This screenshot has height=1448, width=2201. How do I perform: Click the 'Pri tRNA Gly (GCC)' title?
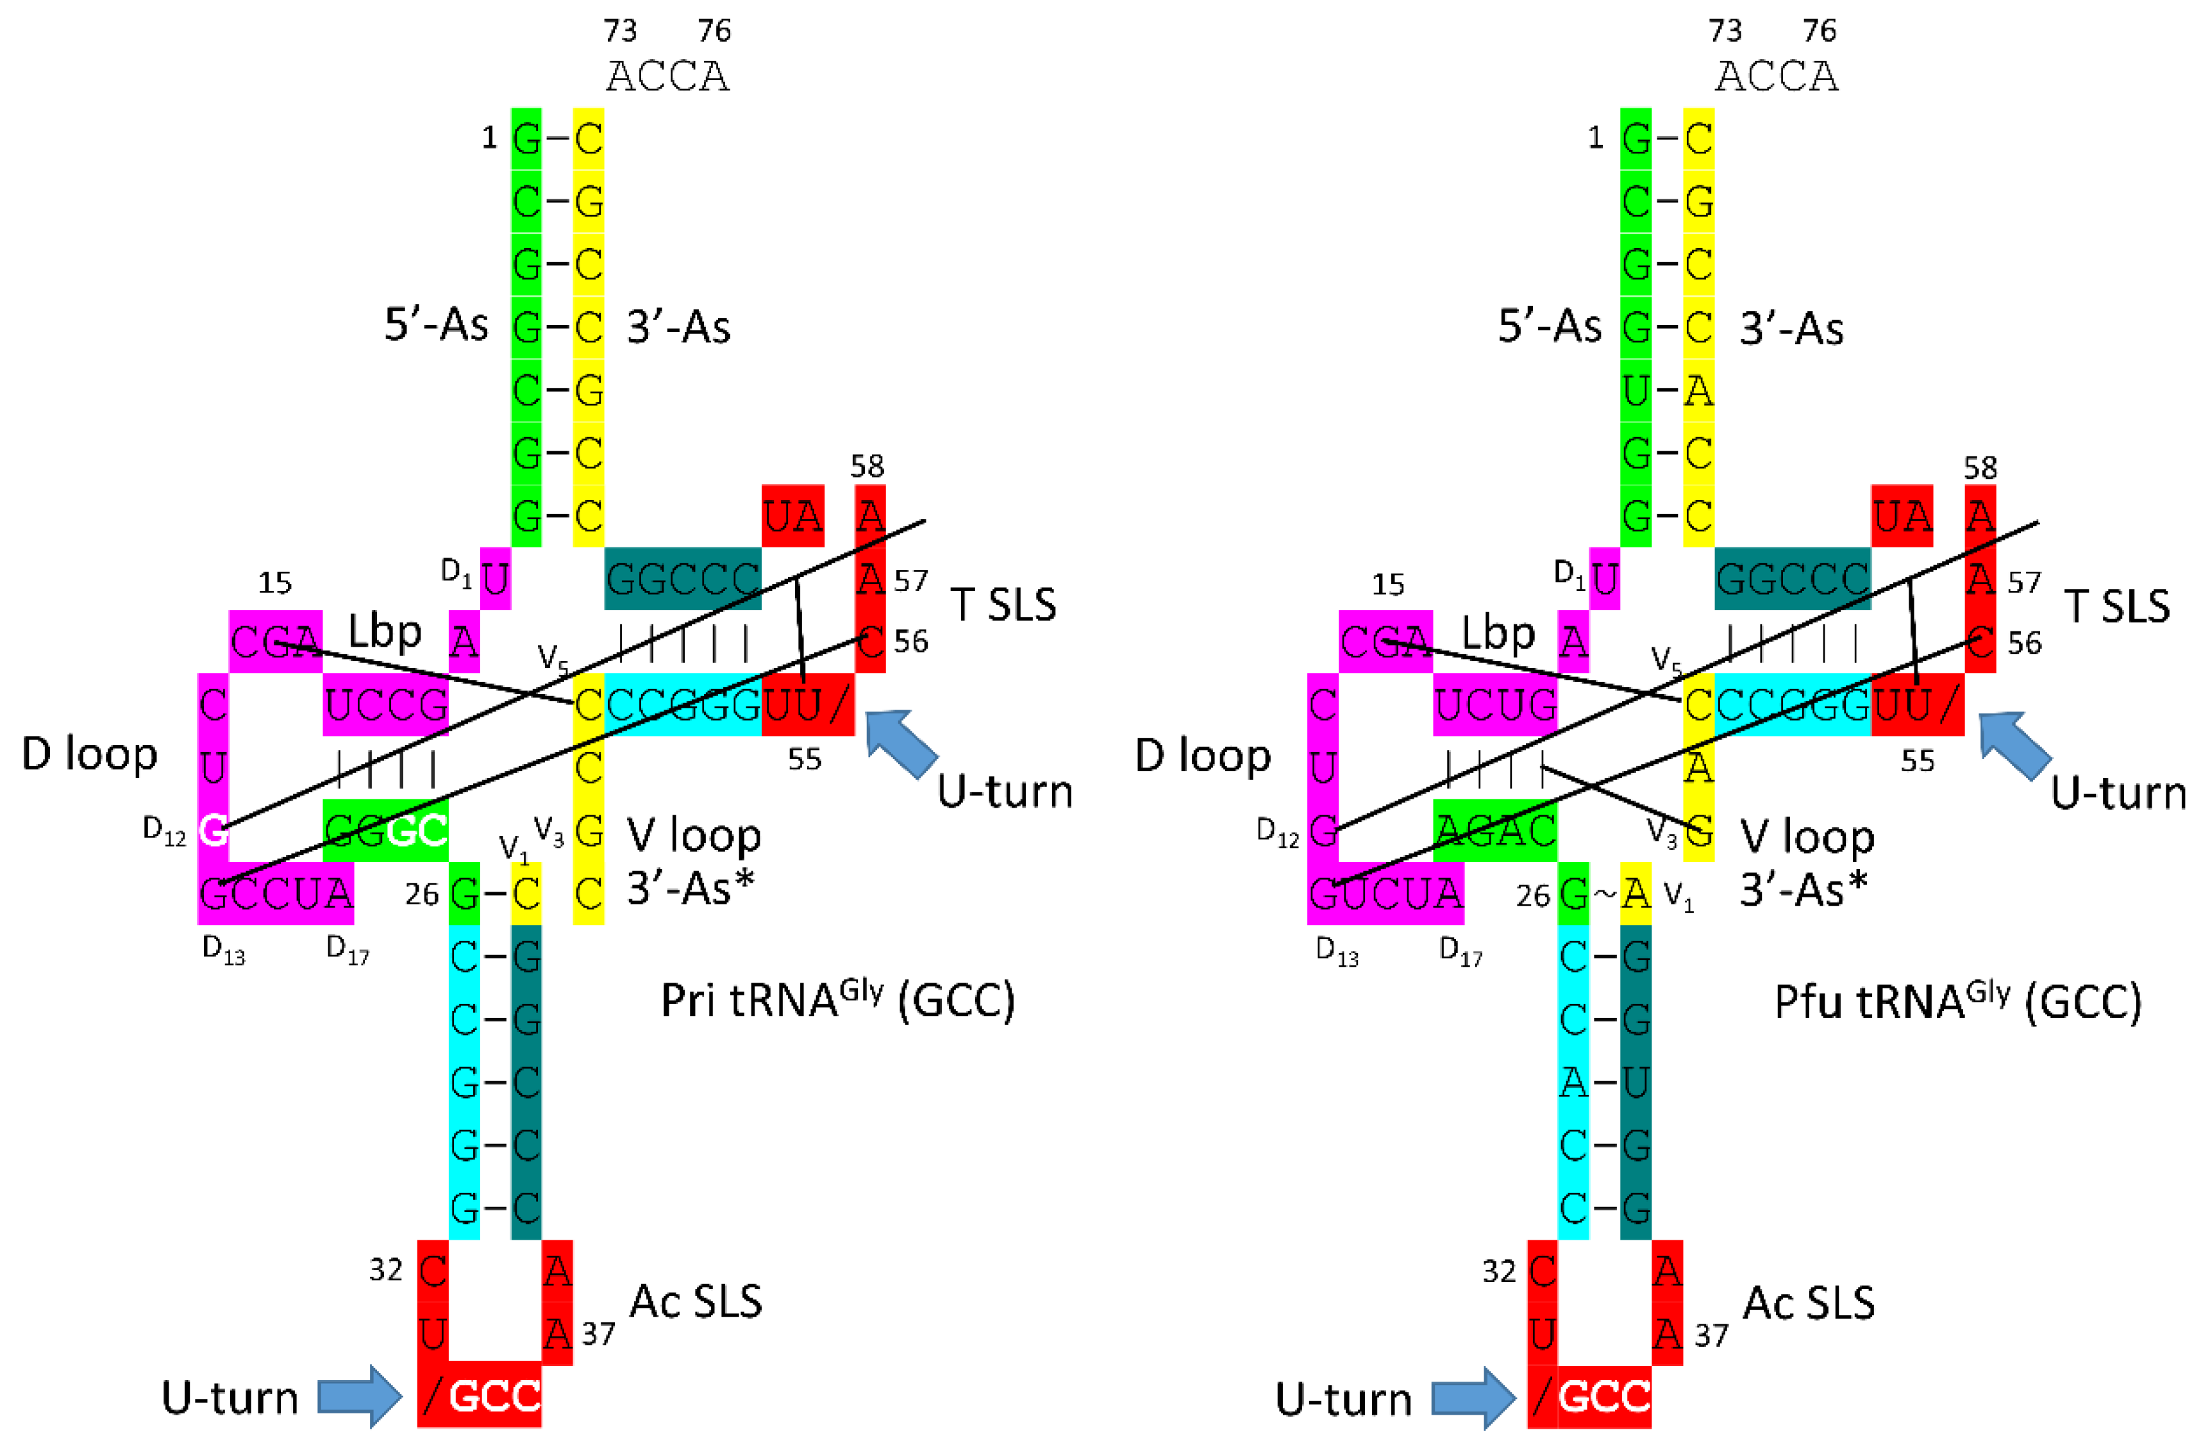click(837, 999)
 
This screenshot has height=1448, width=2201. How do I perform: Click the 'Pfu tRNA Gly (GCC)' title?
click(1958, 1001)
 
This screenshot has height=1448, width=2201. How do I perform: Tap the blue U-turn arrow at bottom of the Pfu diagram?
click(1474, 1397)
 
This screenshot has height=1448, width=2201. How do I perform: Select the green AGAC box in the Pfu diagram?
click(1495, 830)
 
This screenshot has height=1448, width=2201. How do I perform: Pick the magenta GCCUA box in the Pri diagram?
click(276, 893)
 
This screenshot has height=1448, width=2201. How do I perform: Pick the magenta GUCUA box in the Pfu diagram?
click(1385, 893)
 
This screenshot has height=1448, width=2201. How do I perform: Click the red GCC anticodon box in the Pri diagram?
click(494, 1395)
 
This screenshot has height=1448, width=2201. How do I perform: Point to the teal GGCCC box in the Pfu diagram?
click(1792, 579)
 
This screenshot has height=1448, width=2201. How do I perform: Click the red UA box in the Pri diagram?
click(792, 516)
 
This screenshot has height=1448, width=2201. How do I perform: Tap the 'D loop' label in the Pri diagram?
click(90, 754)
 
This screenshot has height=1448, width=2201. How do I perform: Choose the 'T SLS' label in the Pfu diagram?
click(2117, 606)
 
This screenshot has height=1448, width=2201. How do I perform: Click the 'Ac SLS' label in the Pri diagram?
click(696, 1301)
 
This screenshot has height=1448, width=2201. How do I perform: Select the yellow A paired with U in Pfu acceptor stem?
click(1698, 390)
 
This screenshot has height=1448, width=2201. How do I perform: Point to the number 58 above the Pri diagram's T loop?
click(867, 466)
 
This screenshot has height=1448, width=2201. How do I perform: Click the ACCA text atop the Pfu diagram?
click(1777, 76)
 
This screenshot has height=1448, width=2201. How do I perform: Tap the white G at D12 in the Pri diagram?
click(213, 830)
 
